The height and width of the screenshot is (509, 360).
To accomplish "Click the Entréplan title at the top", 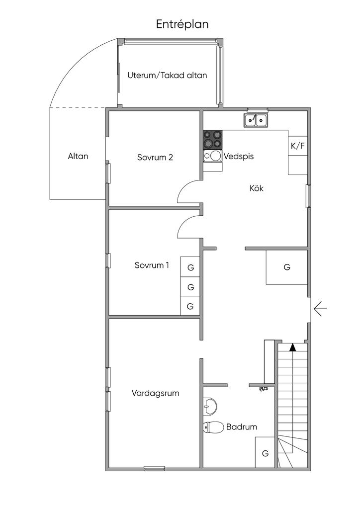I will point(182,24).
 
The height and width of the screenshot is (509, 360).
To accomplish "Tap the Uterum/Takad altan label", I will point(167,76).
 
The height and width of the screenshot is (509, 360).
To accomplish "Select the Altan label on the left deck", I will point(78,156).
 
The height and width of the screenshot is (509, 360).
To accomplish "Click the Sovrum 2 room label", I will point(155,157).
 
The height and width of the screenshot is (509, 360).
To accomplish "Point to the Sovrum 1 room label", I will point(152,265).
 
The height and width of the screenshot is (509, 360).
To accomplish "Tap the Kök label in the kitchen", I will point(256,188).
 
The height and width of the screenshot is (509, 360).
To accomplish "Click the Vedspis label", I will point(239,156).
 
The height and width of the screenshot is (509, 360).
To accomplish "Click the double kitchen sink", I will point(256,119).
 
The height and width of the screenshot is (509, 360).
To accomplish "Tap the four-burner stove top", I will point(212,139).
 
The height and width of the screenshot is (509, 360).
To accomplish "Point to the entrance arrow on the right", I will point(320,310).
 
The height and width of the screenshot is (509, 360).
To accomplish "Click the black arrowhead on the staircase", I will point(293,347).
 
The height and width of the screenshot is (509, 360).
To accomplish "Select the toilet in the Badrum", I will point(213,427).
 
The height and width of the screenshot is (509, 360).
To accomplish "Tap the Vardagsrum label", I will point(156,393).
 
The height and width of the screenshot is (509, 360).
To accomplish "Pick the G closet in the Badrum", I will point(265,453).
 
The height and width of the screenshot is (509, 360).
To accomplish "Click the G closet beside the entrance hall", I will point(287,267).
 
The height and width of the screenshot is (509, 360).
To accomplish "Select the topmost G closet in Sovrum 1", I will point(190,267).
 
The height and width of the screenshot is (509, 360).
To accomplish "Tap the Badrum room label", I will point(242,426).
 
